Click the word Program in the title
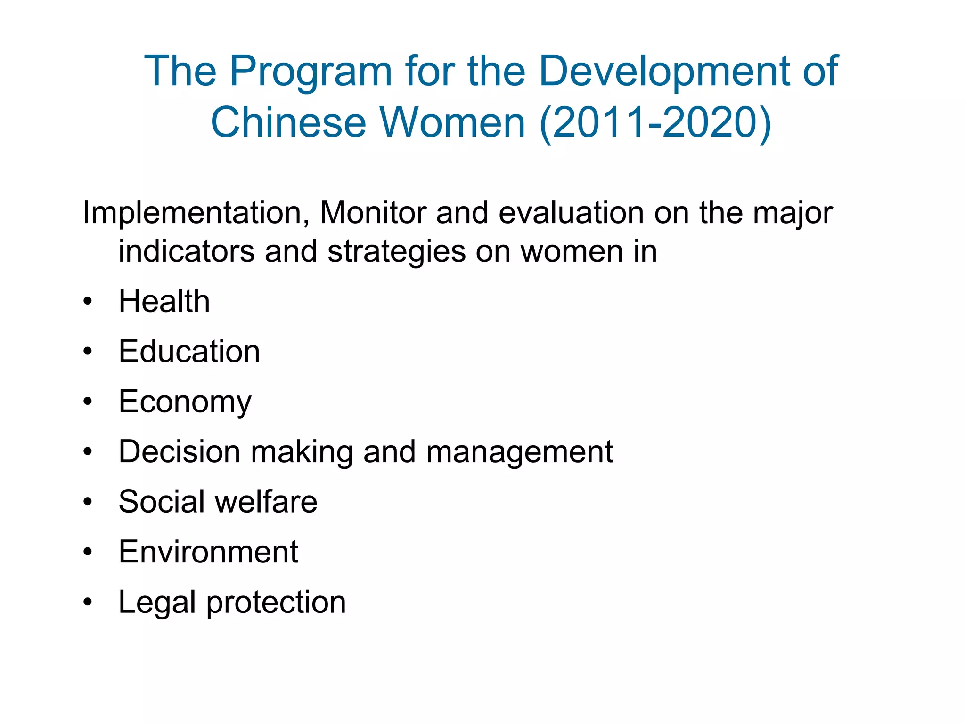click(311, 72)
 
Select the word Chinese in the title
click(288, 122)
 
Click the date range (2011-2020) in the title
click(655, 122)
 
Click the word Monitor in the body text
click(373, 213)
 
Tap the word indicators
click(187, 251)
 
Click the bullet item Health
click(164, 301)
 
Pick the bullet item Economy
click(185, 402)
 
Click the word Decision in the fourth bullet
click(180, 452)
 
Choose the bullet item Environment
click(208, 552)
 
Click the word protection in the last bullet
click(276, 602)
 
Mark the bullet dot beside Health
click(88, 301)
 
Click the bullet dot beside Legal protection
click(88, 602)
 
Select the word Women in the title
click(452, 122)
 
